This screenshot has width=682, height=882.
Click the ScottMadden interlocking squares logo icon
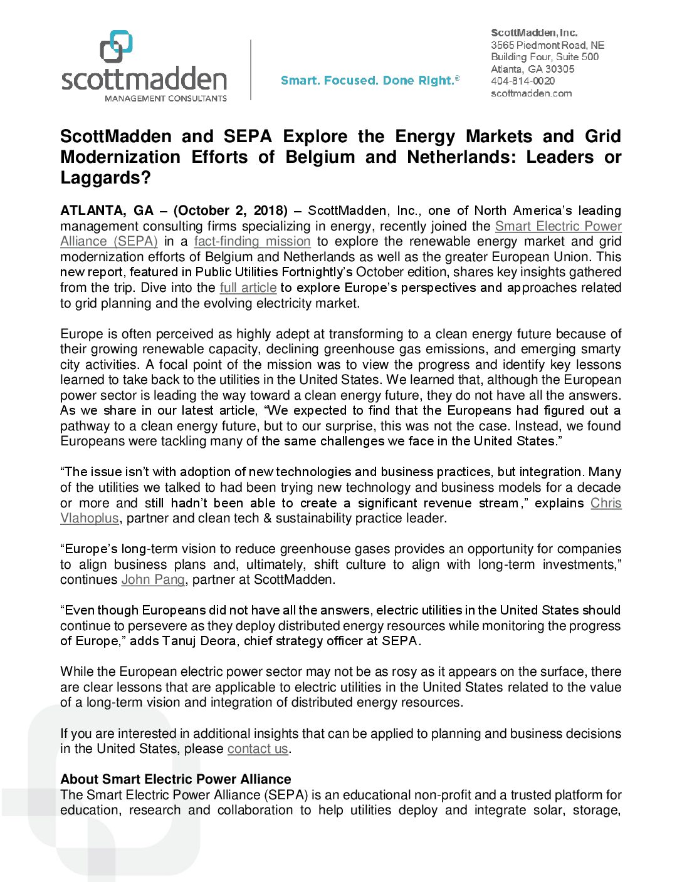coord(117,46)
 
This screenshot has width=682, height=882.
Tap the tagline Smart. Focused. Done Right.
coord(370,80)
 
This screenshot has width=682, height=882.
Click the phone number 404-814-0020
coord(522,81)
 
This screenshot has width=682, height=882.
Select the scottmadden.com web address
coord(531,93)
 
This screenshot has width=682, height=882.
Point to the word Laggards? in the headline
coord(105,178)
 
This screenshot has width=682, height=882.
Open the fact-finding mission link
coord(252,241)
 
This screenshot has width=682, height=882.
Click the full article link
coord(248,288)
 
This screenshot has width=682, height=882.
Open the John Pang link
coord(153,579)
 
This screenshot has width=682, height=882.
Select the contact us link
coord(258,749)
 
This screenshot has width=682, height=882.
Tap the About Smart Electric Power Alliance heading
coord(176,779)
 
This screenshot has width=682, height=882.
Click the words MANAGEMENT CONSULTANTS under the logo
coord(165,98)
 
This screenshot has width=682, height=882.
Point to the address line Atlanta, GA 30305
coord(532,69)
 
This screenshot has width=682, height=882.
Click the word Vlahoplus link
coord(89,518)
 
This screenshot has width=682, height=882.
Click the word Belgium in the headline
coord(320,157)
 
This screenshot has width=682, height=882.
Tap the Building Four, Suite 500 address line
coord(544,57)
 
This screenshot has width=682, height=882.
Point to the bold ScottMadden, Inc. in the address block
coord(534,33)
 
